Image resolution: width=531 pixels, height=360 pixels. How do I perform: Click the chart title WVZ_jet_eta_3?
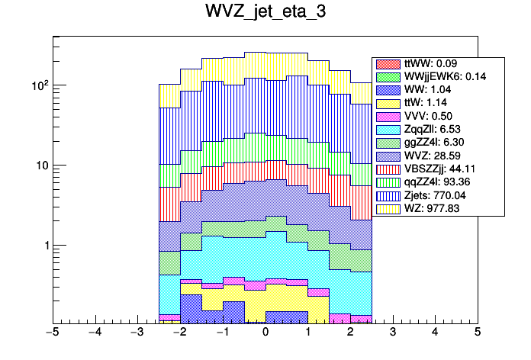265,13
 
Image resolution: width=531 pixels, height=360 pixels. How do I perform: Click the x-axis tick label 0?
265,333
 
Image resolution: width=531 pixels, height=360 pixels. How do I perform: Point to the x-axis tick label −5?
52,333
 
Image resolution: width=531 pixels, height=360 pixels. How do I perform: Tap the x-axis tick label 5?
477,333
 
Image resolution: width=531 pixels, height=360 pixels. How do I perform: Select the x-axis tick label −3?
137,333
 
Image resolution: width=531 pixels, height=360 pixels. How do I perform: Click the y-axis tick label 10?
38,166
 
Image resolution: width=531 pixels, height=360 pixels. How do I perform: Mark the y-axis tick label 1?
43,246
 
